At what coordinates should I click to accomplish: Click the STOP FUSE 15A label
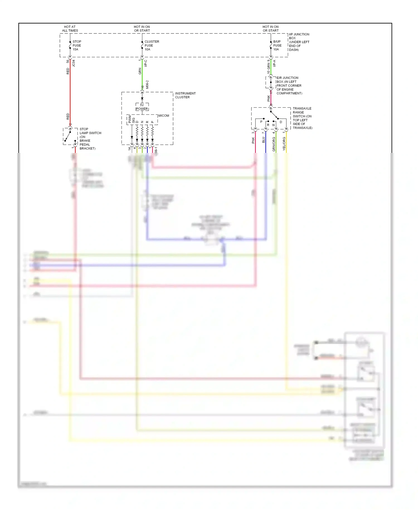click(x=77, y=45)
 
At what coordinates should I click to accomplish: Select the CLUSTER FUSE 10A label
click(x=151, y=45)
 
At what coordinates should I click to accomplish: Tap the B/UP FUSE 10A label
click(x=277, y=45)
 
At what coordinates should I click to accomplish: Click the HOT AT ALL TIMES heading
click(x=70, y=29)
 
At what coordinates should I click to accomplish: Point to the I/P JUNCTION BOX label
click(x=299, y=42)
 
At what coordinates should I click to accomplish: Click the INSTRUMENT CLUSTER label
click(x=185, y=95)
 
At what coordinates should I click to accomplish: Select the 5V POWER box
click(x=142, y=107)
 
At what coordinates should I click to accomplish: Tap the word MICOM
click(x=164, y=116)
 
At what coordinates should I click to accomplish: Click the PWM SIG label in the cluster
click(x=132, y=120)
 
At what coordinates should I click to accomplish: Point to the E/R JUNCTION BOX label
click(x=289, y=85)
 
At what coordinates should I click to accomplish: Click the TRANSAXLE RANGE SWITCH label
click(x=302, y=118)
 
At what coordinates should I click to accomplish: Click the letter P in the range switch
click(x=261, y=122)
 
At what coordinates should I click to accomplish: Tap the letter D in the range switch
click(x=281, y=122)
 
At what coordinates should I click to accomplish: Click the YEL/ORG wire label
click(x=284, y=144)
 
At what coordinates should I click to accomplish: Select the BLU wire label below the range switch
click(x=263, y=140)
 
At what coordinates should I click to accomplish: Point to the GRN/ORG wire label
click(x=274, y=144)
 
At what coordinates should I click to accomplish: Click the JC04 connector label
click(x=74, y=63)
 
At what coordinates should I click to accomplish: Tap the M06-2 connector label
click(x=147, y=85)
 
